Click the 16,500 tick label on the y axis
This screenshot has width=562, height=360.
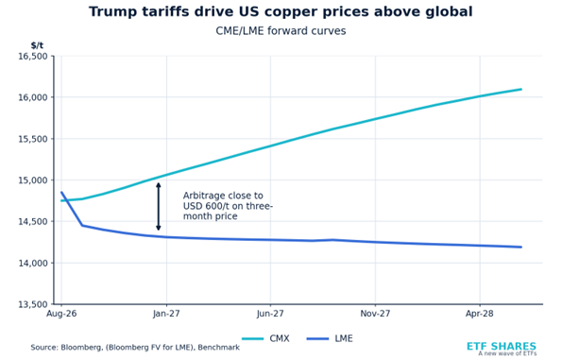coord(33,57)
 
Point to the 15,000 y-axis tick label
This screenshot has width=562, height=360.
coord(33,180)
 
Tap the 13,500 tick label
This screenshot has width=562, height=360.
coord(33,304)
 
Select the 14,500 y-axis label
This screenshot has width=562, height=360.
coord(33,222)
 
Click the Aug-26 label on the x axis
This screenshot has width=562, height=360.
coord(61,314)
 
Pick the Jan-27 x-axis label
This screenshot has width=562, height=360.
coord(166,314)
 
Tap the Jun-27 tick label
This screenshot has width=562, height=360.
coord(270,314)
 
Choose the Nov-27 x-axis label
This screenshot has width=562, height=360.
coord(375,314)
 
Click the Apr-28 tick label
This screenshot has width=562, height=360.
coord(480,314)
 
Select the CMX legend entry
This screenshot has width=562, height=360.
coord(265,338)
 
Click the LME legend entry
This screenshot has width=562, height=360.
coord(330,338)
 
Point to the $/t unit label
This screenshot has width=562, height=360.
coord(37,45)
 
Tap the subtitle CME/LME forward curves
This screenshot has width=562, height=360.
coord(281,31)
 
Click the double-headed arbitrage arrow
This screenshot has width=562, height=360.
coord(159,207)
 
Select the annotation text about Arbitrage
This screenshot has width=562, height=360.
coord(228,206)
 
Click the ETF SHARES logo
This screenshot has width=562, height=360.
coord(502,348)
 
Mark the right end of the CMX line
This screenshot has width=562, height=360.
coord(521,89)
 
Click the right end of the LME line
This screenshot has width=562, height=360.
coord(521,247)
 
